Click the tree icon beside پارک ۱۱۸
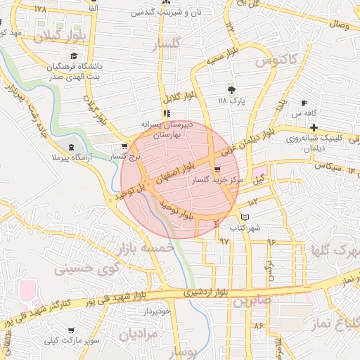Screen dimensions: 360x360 point(231,89)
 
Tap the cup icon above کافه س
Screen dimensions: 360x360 point(304,103)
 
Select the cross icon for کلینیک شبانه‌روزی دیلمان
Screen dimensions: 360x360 point(314,127)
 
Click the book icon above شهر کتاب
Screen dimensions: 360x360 point(245,217)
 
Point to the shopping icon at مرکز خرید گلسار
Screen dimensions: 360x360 point(216,169)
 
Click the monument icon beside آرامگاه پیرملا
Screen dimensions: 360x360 point(71,146)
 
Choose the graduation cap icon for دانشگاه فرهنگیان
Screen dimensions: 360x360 point(73,57)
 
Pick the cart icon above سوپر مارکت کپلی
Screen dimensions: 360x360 point(70,330)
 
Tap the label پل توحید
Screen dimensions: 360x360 point(133,190)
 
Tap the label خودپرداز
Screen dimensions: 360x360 point(155,310)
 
